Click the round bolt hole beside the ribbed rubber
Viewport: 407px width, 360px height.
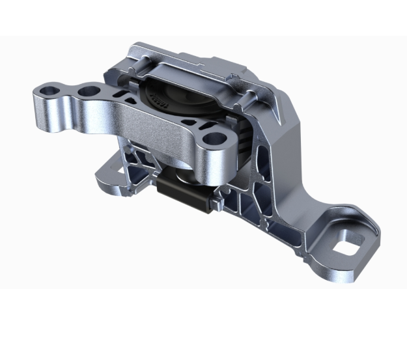pos(210,138)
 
